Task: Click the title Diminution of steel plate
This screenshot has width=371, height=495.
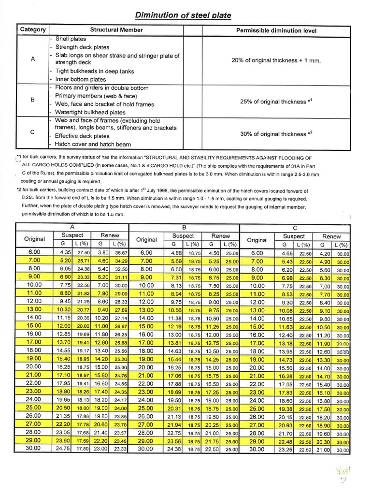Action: [183, 15]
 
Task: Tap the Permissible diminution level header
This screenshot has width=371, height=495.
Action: [276, 30]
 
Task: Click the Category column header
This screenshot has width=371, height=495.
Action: [33, 29]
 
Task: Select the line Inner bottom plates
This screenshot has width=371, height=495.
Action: [80, 79]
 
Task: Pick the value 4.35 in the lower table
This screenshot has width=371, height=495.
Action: [65, 253]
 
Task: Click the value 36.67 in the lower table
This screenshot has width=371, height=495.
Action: [121, 253]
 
